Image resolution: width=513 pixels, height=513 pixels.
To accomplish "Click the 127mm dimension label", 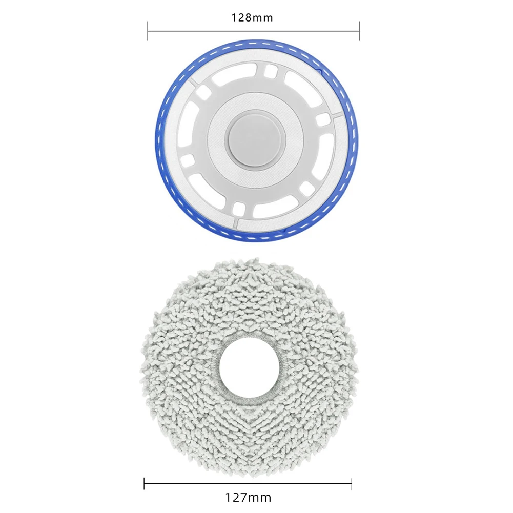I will pos(249,497).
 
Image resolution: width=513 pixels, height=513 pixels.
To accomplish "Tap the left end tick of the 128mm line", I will pos(148,31).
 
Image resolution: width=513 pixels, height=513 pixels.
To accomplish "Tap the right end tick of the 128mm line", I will pos(359,31).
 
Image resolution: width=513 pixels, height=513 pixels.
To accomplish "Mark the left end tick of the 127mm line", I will pos(144,484).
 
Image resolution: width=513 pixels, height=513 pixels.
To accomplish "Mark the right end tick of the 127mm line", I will pos(352,484).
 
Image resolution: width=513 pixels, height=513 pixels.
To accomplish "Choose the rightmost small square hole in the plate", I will pos(322,119).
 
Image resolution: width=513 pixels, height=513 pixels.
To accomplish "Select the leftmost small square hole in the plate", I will pos(187,159).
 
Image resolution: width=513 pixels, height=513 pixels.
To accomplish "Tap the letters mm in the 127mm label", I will pos(262,497).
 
